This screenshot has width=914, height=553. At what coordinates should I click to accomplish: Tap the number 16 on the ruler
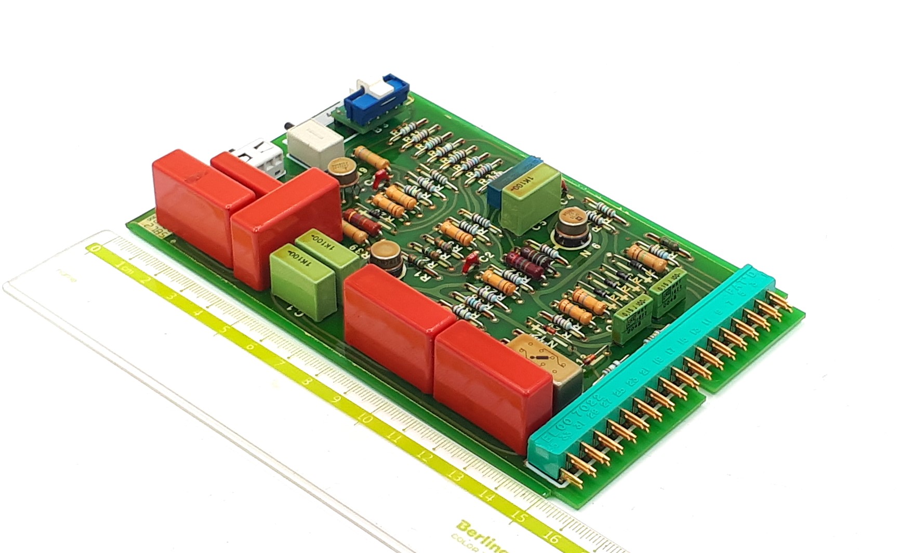click(552, 537)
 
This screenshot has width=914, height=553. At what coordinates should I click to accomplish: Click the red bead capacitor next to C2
click(471, 262)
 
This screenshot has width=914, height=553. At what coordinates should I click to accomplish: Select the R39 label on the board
click(360, 251)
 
